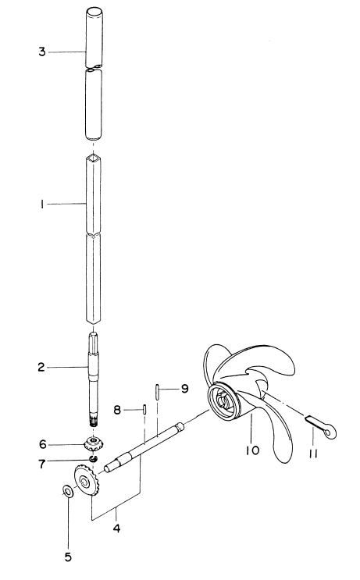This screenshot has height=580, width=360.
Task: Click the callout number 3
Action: pyautogui.click(x=42, y=52)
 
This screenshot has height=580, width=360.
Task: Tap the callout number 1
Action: pyautogui.click(x=42, y=205)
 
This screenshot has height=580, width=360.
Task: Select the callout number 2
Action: pyautogui.click(x=41, y=368)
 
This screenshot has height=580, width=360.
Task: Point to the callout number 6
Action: pyautogui.click(x=43, y=444)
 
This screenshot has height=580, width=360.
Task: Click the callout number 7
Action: pyautogui.click(x=42, y=464)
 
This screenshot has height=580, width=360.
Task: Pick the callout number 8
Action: pyautogui.click(x=117, y=411)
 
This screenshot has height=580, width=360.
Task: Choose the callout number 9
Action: pyautogui.click(x=184, y=389)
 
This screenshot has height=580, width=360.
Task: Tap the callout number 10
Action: pyautogui.click(x=252, y=450)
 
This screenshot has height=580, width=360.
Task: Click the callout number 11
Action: pyautogui.click(x=313, y=454)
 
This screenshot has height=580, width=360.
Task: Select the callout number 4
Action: pyautogui.click(x=116, y=528)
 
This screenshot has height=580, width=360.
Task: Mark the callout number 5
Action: pyautogui.click(x=68, y=557)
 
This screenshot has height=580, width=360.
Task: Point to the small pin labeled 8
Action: pyautogui.click(x=144, y=411)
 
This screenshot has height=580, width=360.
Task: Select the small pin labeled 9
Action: pyautogui.click(x=157, y=392)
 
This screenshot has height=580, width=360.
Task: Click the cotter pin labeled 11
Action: pyautogui.click(x=322, y=425)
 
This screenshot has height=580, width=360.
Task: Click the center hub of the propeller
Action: pyautogui.click(x=223, y=401)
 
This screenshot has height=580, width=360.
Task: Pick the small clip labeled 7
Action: pyautogui.click(x=93, y=459)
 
